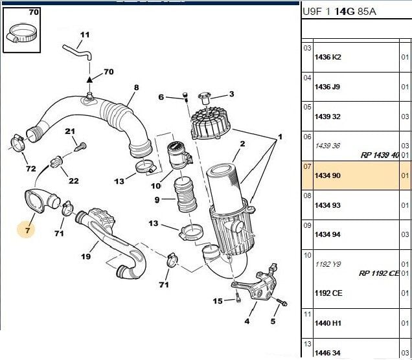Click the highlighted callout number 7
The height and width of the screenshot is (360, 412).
[x=27, y=229]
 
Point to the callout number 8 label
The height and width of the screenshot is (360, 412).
[x=136, y=88]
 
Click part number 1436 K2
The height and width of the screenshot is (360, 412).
[x=328, y=57]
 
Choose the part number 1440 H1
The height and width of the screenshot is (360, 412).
[x=328, y=322]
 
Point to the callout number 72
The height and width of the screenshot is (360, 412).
[x=30, y=169]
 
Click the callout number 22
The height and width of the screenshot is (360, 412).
[x=73, y=181]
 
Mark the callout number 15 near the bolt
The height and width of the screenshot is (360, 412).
[x=218, y=301]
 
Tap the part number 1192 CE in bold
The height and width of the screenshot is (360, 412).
[x=328, y=293]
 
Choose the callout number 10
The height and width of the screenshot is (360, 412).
[x=155, y=186]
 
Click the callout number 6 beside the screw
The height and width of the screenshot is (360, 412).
[x=161, y=97]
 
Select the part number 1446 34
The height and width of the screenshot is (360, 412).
[x=328, y=352]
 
